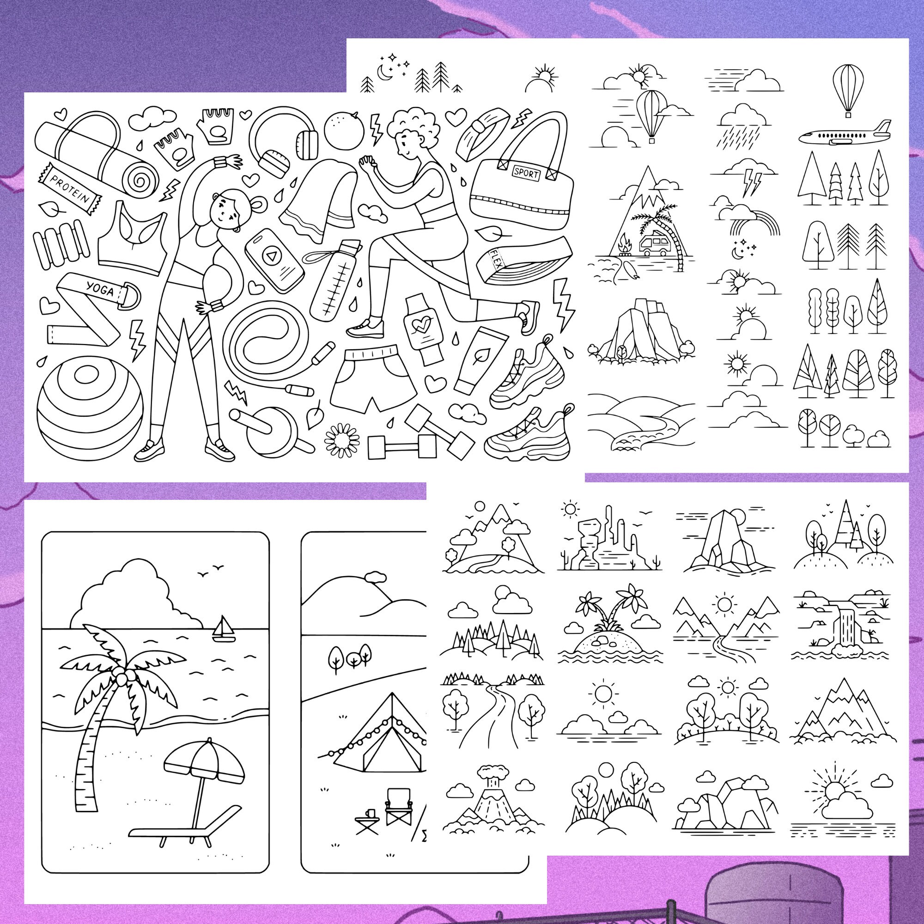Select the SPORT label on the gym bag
coord(526,173)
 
